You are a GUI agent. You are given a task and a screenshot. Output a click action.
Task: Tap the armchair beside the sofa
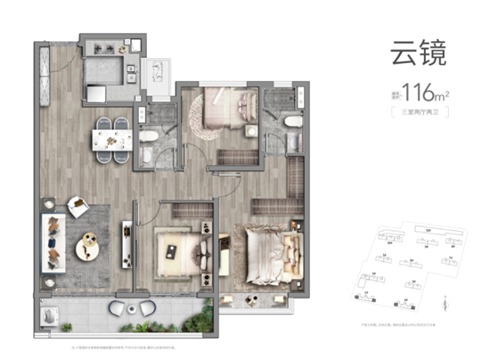point(78,207)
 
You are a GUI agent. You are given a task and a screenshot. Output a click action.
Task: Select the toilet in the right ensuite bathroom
point(283,125)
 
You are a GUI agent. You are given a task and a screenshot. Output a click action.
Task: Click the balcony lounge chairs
point(127,307)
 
